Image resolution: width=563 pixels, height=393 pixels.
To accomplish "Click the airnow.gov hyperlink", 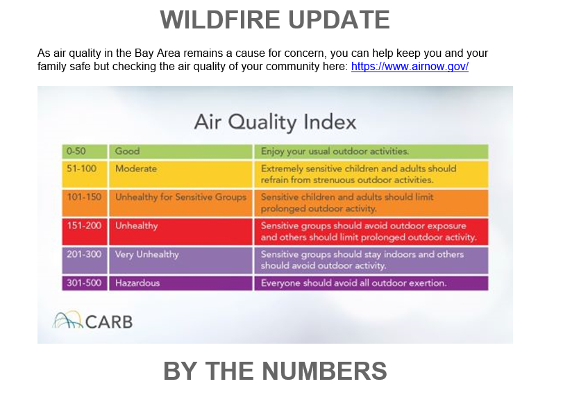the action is coord(410,67).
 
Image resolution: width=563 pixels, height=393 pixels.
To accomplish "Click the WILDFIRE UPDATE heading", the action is coord(275,19).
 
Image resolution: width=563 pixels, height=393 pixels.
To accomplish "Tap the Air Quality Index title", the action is coord(275,122).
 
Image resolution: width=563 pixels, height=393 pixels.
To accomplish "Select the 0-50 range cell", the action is coord(85,151).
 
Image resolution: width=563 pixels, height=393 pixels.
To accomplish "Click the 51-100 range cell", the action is coord(85,174).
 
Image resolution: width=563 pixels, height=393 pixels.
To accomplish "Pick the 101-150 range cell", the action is coord(85,203).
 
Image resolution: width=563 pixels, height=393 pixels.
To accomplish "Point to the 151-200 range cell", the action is coord(85,232).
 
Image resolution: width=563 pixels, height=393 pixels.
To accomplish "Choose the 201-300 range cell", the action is coord(85,260).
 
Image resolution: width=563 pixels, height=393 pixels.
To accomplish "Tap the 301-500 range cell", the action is coord(85,283).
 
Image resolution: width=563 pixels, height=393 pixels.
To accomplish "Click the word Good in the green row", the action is coord(127,151).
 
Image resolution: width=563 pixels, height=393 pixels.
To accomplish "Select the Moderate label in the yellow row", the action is coord(136,169).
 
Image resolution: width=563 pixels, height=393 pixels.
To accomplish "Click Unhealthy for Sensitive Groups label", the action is coord(180,197).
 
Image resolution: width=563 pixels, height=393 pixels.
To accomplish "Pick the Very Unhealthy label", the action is coord(147,254).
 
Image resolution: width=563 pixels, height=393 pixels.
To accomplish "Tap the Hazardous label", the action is coord(137,283).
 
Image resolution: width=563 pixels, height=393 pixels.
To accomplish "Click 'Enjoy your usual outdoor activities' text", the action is coord(335,151).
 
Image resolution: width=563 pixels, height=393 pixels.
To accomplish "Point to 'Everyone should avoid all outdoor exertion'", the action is coord(353,283).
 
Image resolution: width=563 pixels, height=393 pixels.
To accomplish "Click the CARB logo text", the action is coord(109,321).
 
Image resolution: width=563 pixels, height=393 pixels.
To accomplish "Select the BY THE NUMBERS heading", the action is coord(275,371).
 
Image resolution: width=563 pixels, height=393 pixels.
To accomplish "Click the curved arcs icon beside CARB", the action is coord(67,319).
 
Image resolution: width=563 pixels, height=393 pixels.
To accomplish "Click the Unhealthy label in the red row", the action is coord(137,226).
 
